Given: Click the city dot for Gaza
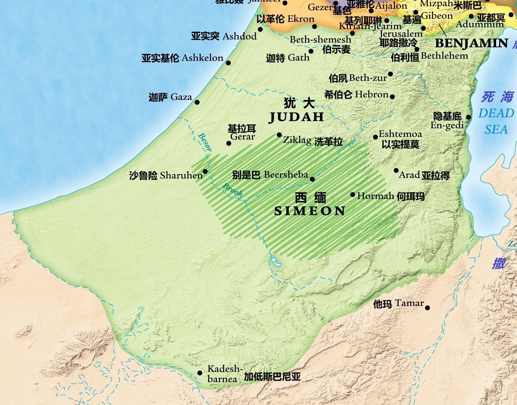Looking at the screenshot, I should click(x=197, y=102).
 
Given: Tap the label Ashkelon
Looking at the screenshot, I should click(x=202, y=58).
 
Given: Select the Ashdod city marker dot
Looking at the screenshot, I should click(x=260, y=29).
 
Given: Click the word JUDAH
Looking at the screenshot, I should click(x=297, y=117).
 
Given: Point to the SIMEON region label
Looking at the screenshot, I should click(x=310, y=211).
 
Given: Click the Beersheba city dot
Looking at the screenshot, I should click(x=312, y=179).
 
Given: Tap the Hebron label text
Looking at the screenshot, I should click(x=372, y=95).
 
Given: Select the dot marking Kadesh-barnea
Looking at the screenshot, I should click(x=200, y=373).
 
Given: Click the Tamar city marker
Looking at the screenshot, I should click(x=427, y=308).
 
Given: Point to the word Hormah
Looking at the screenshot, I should click(x=375, y=196).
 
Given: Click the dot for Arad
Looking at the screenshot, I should click(x=396, y=170).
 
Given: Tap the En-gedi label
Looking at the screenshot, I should click(x=447, y=125).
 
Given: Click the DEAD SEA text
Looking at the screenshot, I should click(x=496, y=121).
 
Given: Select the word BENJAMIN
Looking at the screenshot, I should click(x=472, y=43).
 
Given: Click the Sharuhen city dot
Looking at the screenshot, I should click(x=205, y=171).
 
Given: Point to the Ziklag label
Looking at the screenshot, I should click(x=297, y=140).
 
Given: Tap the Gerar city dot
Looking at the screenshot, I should click(x=229, y=143).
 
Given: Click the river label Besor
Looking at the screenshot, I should click(x=205, y=142).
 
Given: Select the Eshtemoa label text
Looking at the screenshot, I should click(x=400, y=134).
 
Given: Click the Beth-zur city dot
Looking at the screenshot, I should click(x=390, y=74).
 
